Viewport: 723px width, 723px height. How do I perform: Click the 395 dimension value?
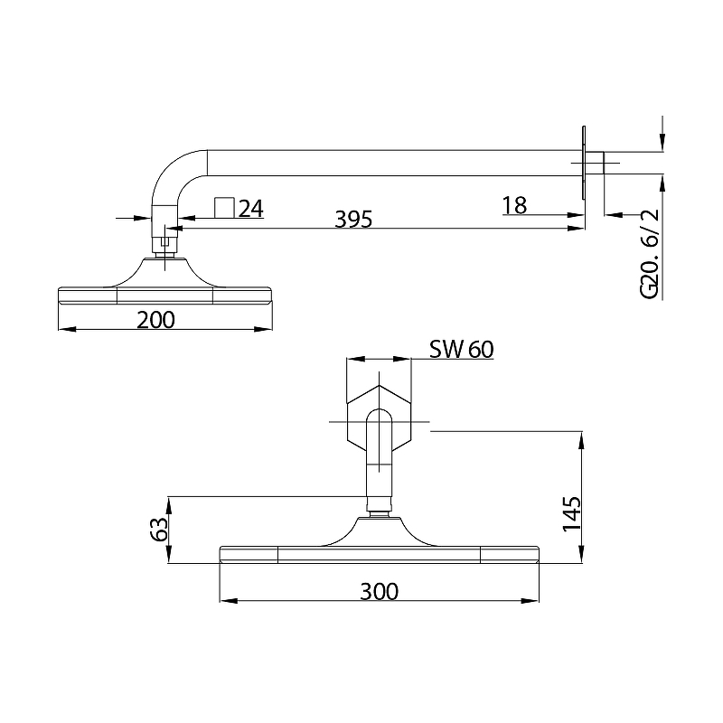coord(353,220)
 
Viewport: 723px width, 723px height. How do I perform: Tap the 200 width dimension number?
coord(155,320)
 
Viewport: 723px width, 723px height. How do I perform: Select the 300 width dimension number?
coord(379,592)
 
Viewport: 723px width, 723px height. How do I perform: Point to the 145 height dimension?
coord(572,513)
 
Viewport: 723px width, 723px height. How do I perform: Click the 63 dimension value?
coord(159,529)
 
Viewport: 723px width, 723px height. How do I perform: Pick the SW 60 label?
coord(462,350)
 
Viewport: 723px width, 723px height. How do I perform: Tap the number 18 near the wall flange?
coord(514,206)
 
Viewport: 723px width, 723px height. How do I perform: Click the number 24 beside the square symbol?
coord(251,209)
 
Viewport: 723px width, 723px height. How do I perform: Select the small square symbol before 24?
coord(224,208)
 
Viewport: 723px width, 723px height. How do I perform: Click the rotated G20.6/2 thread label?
coord(650,254)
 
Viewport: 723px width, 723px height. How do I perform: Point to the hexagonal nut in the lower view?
coord(379,418)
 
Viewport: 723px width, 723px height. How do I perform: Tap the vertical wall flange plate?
coord(584,163)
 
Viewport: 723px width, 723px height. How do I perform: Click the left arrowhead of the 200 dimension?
coord(67,329)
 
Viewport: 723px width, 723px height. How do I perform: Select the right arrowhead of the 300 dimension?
coord(531,601)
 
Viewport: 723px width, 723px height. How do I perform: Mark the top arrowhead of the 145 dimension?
coord(581,440)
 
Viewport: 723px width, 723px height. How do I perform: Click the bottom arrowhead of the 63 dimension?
coord(169,554)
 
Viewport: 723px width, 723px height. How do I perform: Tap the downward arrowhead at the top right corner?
coord(662,142)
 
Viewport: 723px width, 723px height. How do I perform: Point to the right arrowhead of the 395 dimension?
coord(577,228)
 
